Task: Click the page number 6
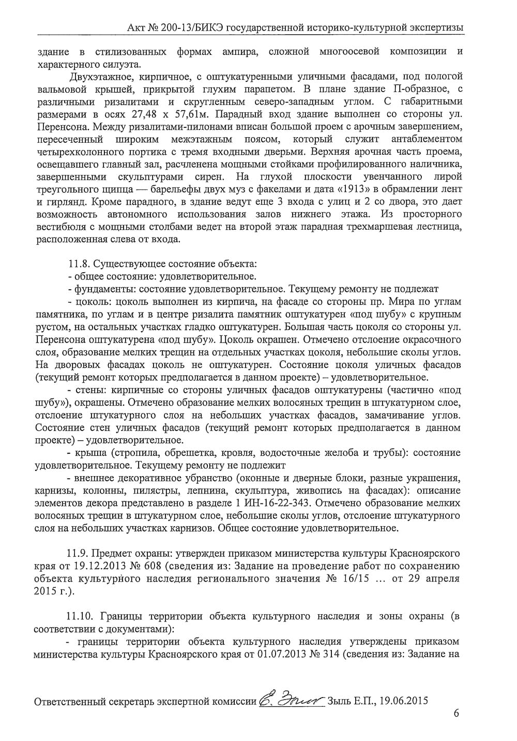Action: coord(456,713)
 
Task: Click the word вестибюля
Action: coord(60,227)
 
